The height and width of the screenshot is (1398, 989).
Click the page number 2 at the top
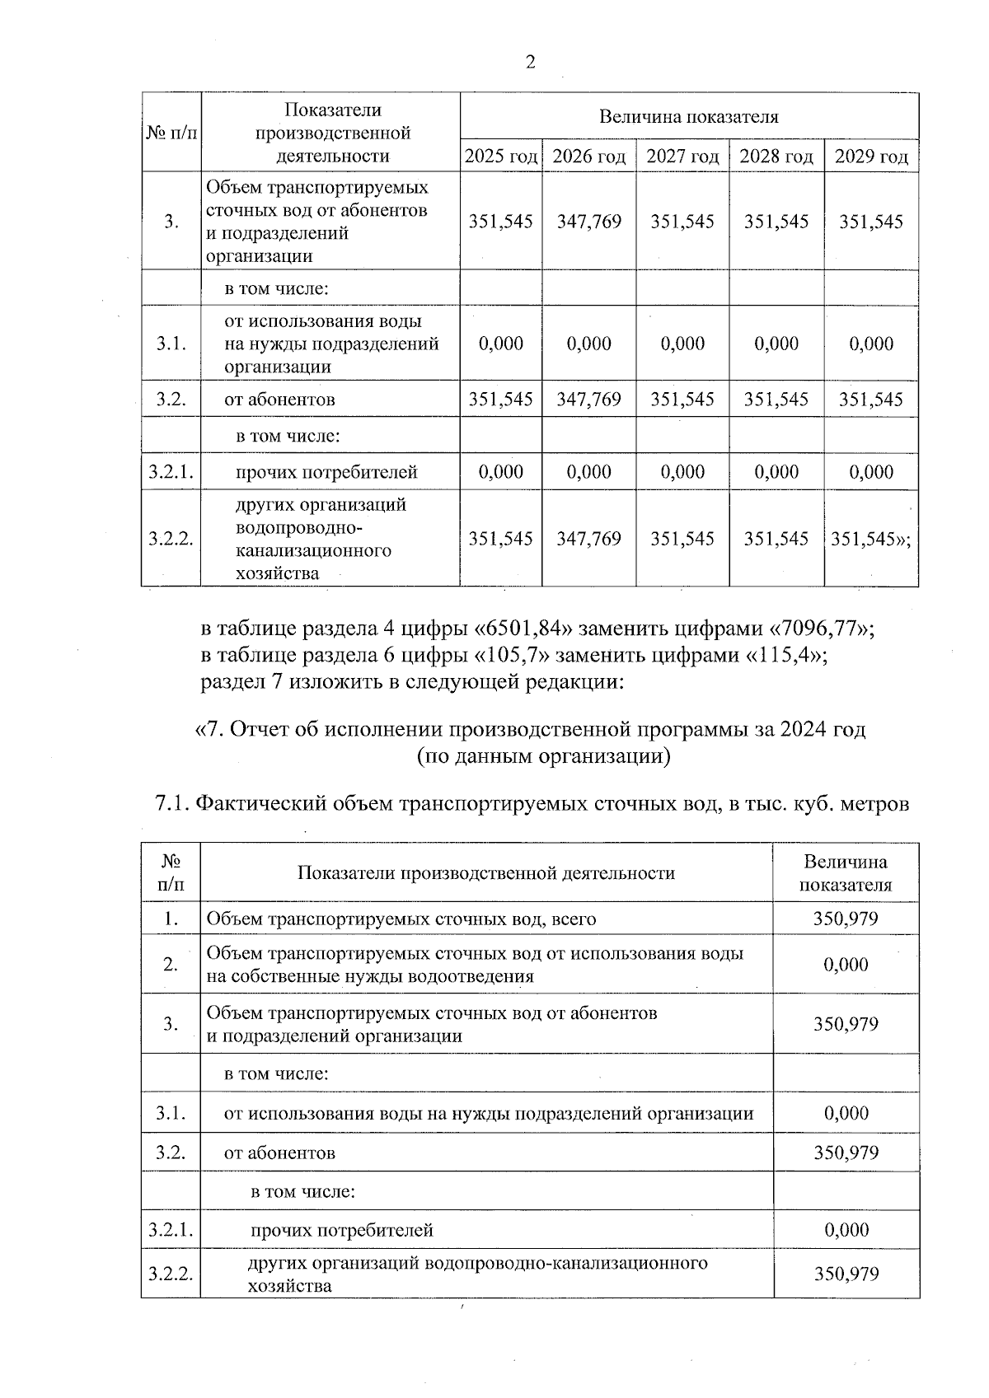tap(530, 63)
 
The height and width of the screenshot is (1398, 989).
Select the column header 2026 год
tap(588, 157)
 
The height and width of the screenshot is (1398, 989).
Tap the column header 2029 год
tap(871, 157)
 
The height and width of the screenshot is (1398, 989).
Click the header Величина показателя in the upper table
tap(688, 116)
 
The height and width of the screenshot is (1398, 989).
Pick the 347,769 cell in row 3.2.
tap(588, 400)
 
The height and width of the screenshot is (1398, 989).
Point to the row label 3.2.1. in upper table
tap(171, 472)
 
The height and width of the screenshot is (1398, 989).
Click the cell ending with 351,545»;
tap(871, 539)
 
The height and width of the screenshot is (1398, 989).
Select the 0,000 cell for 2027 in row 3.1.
tap(682, 344)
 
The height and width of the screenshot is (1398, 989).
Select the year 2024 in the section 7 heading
tap(805, 729)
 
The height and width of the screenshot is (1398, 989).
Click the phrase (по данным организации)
tap(543, 755)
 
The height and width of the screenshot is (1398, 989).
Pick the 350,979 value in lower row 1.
tap(846, 919)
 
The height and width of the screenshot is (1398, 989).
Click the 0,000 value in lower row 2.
tap(846, 965)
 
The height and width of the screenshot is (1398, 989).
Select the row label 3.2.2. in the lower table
tap(171, 1274)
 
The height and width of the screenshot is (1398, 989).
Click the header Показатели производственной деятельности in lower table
tap(486, 873)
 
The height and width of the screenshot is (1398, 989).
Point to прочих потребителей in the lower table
tap(342, 1231)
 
